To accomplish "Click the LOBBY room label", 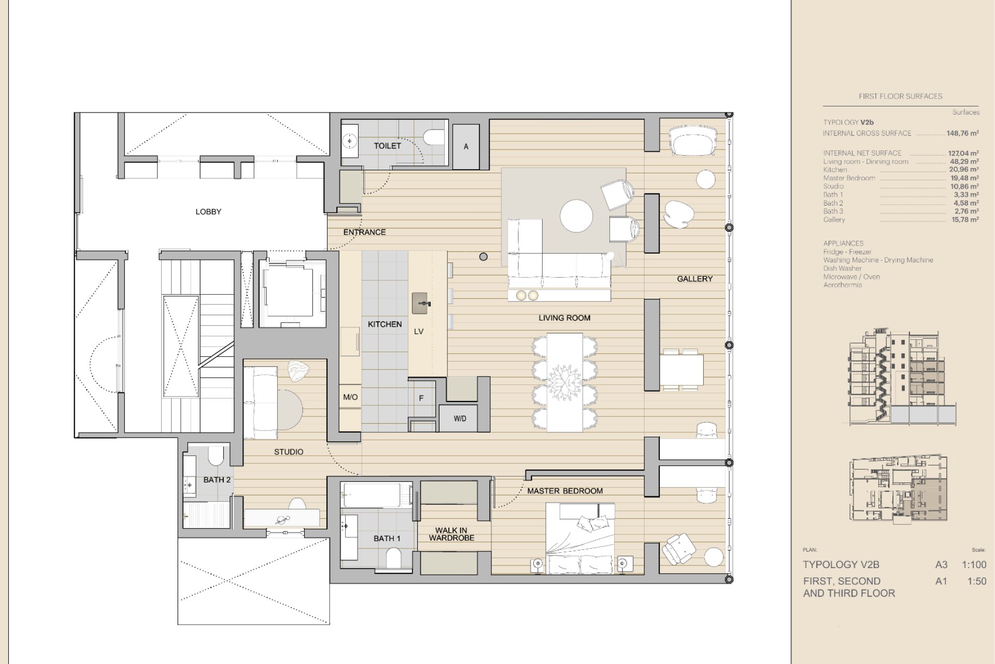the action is pos(208,212).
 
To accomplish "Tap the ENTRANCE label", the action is pos(364,232).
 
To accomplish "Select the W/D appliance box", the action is pos(460,418).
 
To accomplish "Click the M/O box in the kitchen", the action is pos(350,397).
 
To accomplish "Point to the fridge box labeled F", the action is pos(421,398).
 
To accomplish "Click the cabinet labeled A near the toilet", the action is pos(466,146).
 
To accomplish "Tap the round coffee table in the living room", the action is pos(576,216).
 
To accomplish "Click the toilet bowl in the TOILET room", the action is pos(433,137).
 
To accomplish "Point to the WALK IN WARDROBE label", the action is pos(451,534).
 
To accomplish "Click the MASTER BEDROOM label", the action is pos(565,491).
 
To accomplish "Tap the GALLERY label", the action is pos(694,279).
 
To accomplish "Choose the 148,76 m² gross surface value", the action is pos(962,133).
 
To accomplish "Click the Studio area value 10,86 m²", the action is pos(966,186).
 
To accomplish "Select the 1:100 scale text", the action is pos(974,565).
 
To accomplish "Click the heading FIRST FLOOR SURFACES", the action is pos(900,96).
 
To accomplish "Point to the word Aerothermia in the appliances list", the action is pos(842,285).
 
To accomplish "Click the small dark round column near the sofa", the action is pos(484,256).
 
